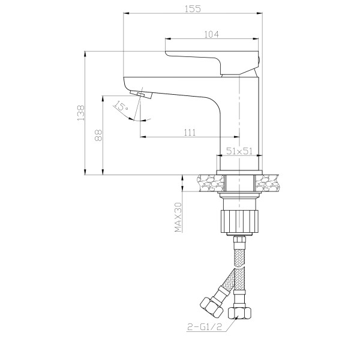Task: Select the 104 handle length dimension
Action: click(x=211, y=34)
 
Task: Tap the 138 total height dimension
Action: click(x=80, y=112)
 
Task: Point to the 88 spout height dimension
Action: click(x=99, y=136)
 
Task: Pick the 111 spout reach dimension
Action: click(x=190, y=133)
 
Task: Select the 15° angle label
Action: click(x=122, y=106)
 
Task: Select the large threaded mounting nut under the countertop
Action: click(x=239, y=219)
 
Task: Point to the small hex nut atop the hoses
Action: click(x=239, y=242)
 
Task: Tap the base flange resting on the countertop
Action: click(x=239, y=172)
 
